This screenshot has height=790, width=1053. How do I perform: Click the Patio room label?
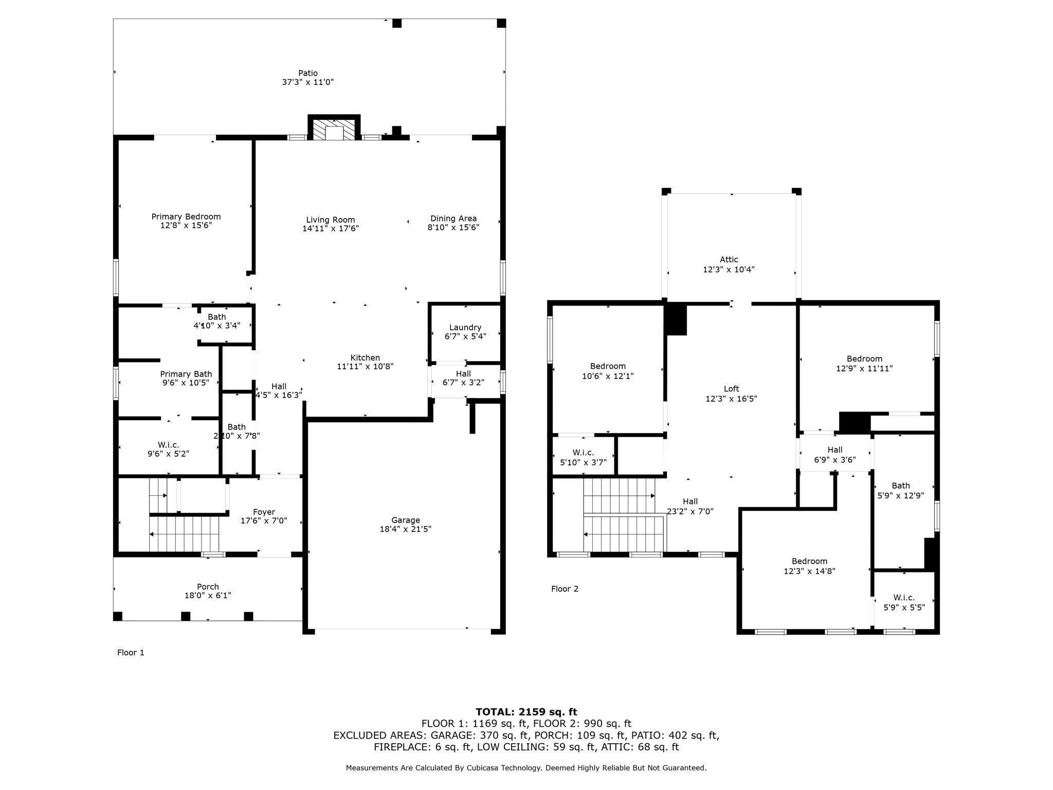(x=308, y=73)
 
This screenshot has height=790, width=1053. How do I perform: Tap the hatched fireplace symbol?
(x=334, y=130)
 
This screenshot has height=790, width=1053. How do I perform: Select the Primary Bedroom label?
(x=186, y=217)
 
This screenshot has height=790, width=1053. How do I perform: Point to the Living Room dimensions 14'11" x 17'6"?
(x=331, y=228)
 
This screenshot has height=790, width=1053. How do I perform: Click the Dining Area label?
(x=453, y=219)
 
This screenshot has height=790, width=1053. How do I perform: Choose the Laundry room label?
(x=465, y=328)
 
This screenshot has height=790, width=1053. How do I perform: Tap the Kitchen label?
(x=365, y=357)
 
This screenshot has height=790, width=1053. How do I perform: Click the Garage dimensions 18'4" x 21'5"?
(x=406, y=529)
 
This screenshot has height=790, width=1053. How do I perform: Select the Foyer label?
(x=264, y=512)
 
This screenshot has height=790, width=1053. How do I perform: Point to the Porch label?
(x=208, y=587)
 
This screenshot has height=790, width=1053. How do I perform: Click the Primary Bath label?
(x=186, y=374)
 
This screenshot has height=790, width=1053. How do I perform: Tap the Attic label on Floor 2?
(x=729, y=260)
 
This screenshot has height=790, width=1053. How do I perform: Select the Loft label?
(x=732, y=389)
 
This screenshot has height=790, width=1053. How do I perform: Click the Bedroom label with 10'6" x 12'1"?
(x=608, y=366)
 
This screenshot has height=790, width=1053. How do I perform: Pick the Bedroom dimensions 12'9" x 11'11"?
(x=864, y=368)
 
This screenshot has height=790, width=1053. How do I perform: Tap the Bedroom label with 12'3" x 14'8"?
(x=809, y=561)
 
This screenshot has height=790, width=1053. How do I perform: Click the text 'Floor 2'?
(x=565, y=589)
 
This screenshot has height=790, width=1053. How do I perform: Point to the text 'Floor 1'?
(x=131, y=653)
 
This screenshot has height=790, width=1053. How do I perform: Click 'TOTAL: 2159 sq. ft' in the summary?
(x=526, y=712)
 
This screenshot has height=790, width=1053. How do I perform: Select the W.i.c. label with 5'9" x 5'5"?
(x=904, y=598)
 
